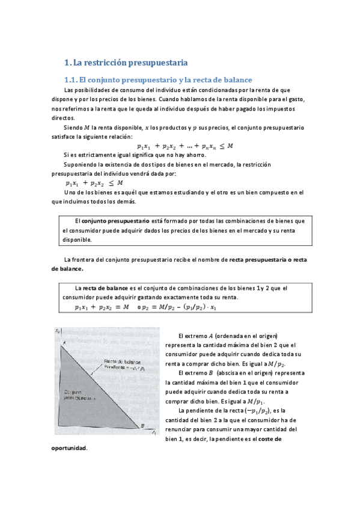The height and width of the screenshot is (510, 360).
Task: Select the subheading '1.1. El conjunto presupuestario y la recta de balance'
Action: (157, 80)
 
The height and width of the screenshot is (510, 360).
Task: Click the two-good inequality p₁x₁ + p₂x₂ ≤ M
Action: (94, 183)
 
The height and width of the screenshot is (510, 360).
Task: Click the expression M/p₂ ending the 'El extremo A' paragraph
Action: (276, 364)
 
